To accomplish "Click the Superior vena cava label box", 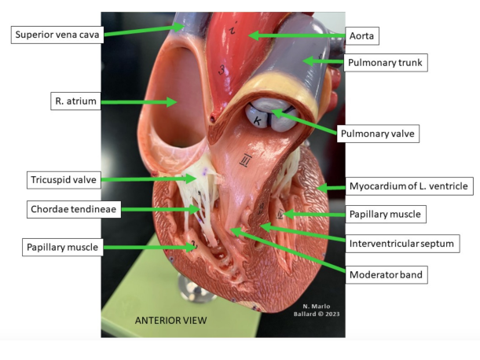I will point(57,34).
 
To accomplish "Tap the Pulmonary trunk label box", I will point(385,61).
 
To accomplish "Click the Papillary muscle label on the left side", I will point(64,247).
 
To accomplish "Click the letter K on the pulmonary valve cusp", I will point(259,119).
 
